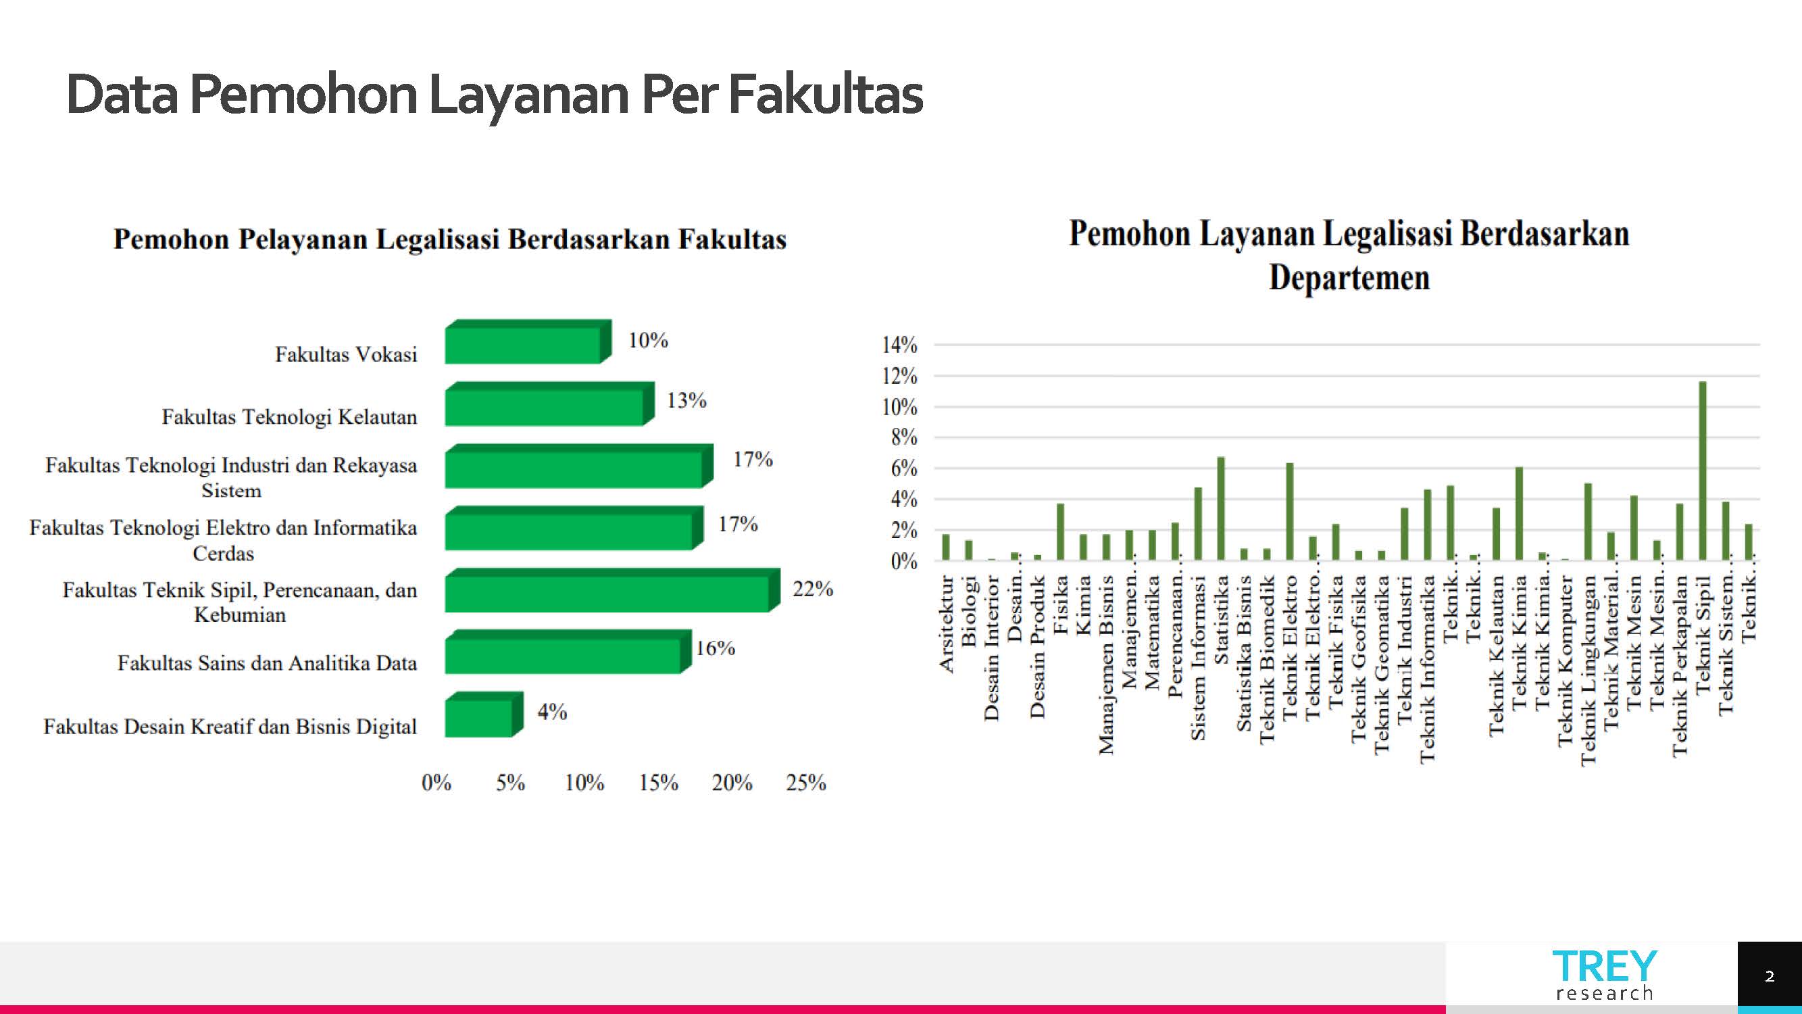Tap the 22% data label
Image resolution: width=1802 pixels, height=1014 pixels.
(812, 589)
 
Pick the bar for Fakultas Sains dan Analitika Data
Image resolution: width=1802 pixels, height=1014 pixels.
(564, 654)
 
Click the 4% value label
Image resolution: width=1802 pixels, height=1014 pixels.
(552, 713)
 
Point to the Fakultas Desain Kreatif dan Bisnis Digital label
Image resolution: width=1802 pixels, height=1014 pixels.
(230, 727)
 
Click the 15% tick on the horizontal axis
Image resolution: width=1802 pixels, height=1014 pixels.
(658, 782)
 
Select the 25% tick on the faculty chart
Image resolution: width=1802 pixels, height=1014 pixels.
(806, 782)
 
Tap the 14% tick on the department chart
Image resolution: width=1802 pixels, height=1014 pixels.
(899, 345)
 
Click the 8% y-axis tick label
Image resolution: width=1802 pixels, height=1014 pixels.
(904, 438)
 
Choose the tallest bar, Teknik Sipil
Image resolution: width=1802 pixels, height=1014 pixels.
(1703, 470)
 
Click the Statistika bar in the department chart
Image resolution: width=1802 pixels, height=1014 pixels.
(1221, 508)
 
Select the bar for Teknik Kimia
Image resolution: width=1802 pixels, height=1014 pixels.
(1519, 513)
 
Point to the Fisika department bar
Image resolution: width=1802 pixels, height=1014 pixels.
(1061, 531)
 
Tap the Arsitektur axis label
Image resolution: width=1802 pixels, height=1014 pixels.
(947, 623)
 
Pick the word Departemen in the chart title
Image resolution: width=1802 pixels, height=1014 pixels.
(1349, 278)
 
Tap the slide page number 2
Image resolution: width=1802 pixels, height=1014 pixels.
(1769, 976)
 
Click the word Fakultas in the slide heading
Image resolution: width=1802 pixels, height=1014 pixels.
(826, 95)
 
